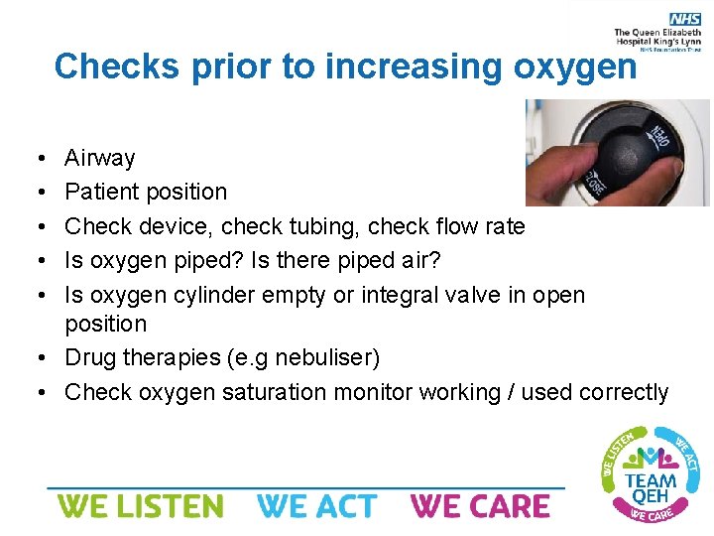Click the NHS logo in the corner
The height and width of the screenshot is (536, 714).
[684, 19]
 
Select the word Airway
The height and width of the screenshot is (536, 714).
[99, 158]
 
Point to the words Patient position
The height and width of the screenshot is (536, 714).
[146, 192]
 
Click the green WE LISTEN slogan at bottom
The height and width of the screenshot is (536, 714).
[140, 506]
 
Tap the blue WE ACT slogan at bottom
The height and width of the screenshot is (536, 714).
[317, 506]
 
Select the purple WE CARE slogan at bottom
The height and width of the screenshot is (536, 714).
[480, 506]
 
